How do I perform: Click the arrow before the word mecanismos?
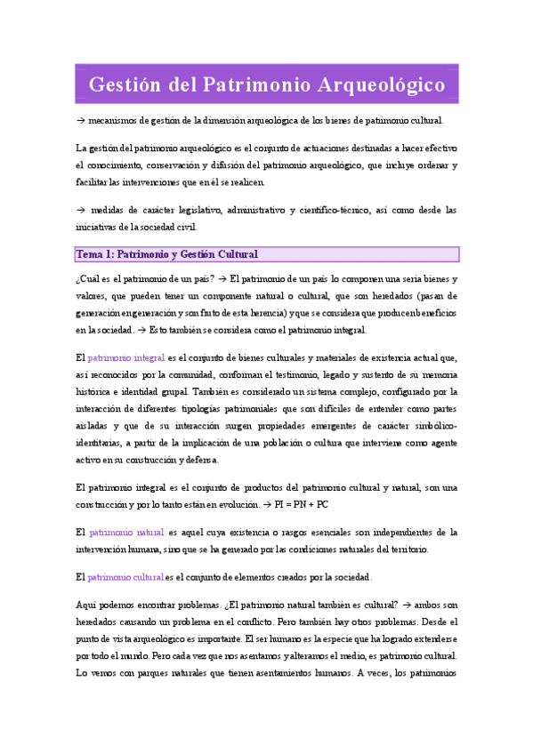[80, 120]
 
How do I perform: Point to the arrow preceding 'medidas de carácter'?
[80, 211]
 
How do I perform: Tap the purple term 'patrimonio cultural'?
[125, 577]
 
